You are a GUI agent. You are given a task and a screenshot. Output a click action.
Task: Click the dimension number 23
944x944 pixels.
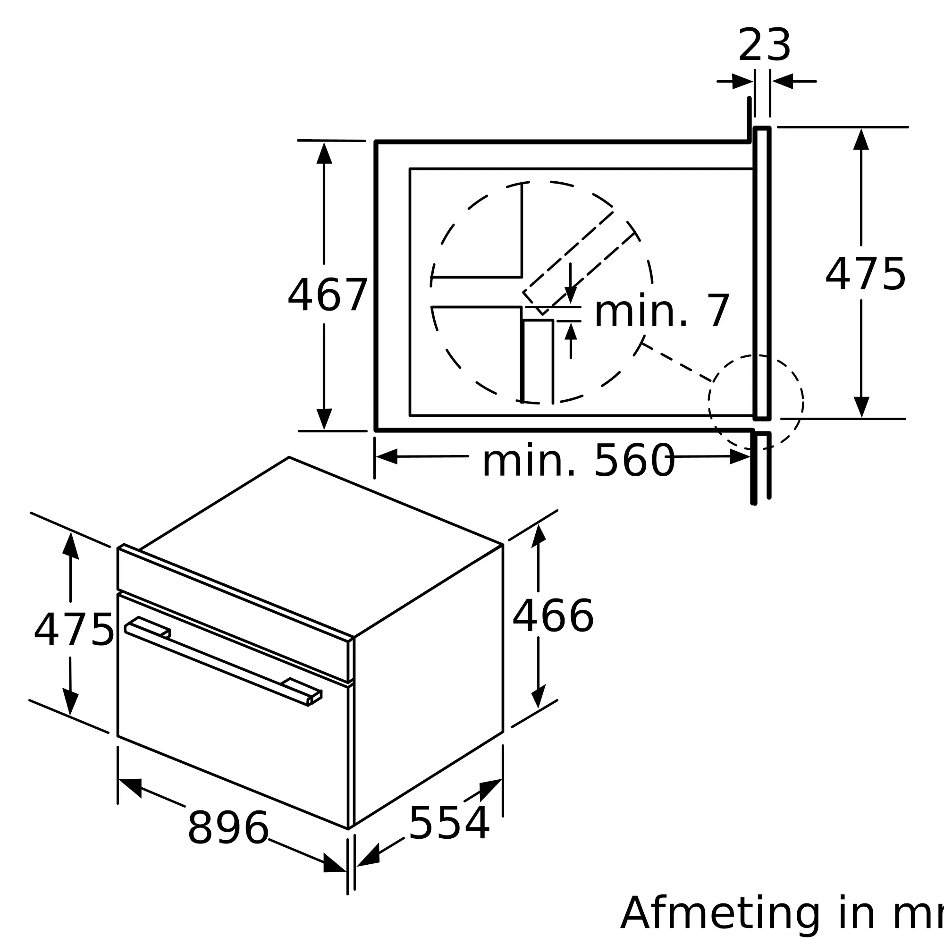[765, 45]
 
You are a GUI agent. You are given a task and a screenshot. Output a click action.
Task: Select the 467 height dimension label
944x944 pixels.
[328, 295]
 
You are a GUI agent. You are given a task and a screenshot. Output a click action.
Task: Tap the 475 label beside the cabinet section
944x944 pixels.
[865, 274]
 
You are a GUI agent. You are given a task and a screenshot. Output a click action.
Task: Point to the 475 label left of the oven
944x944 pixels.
[74, 630]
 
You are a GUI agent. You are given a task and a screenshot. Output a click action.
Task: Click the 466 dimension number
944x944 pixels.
[553, 616]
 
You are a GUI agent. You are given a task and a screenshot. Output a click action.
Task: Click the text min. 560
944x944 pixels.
[579, 460]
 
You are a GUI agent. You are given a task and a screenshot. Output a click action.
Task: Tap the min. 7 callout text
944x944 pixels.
[662, 311]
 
